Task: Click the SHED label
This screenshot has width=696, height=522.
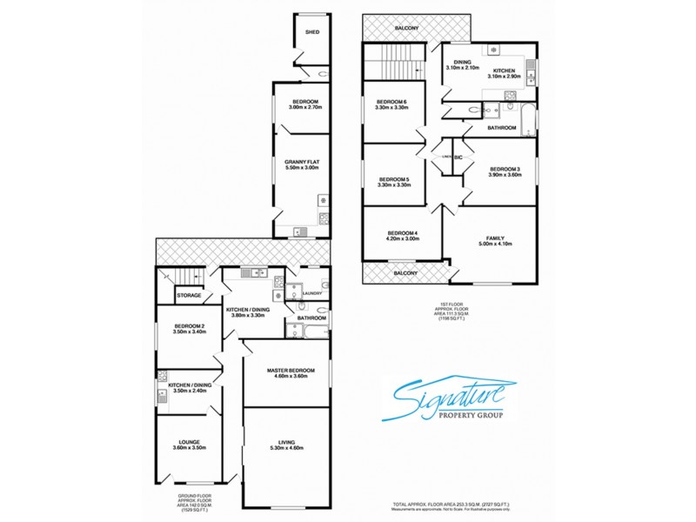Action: pos(311,32)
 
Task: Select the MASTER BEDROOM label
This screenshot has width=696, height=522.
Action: pos(286,370)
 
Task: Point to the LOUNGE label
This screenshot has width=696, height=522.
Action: pos(190,442)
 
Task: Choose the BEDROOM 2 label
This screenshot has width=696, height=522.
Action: pos(189,326)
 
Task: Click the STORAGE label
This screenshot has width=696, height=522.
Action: pos(189,296)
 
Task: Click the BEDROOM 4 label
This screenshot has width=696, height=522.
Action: pos(403,233)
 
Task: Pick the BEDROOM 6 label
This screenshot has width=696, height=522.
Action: pos(393,104)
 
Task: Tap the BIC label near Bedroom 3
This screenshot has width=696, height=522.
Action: pos(458,157)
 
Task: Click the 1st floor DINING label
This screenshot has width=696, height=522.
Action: pos(458,62)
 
